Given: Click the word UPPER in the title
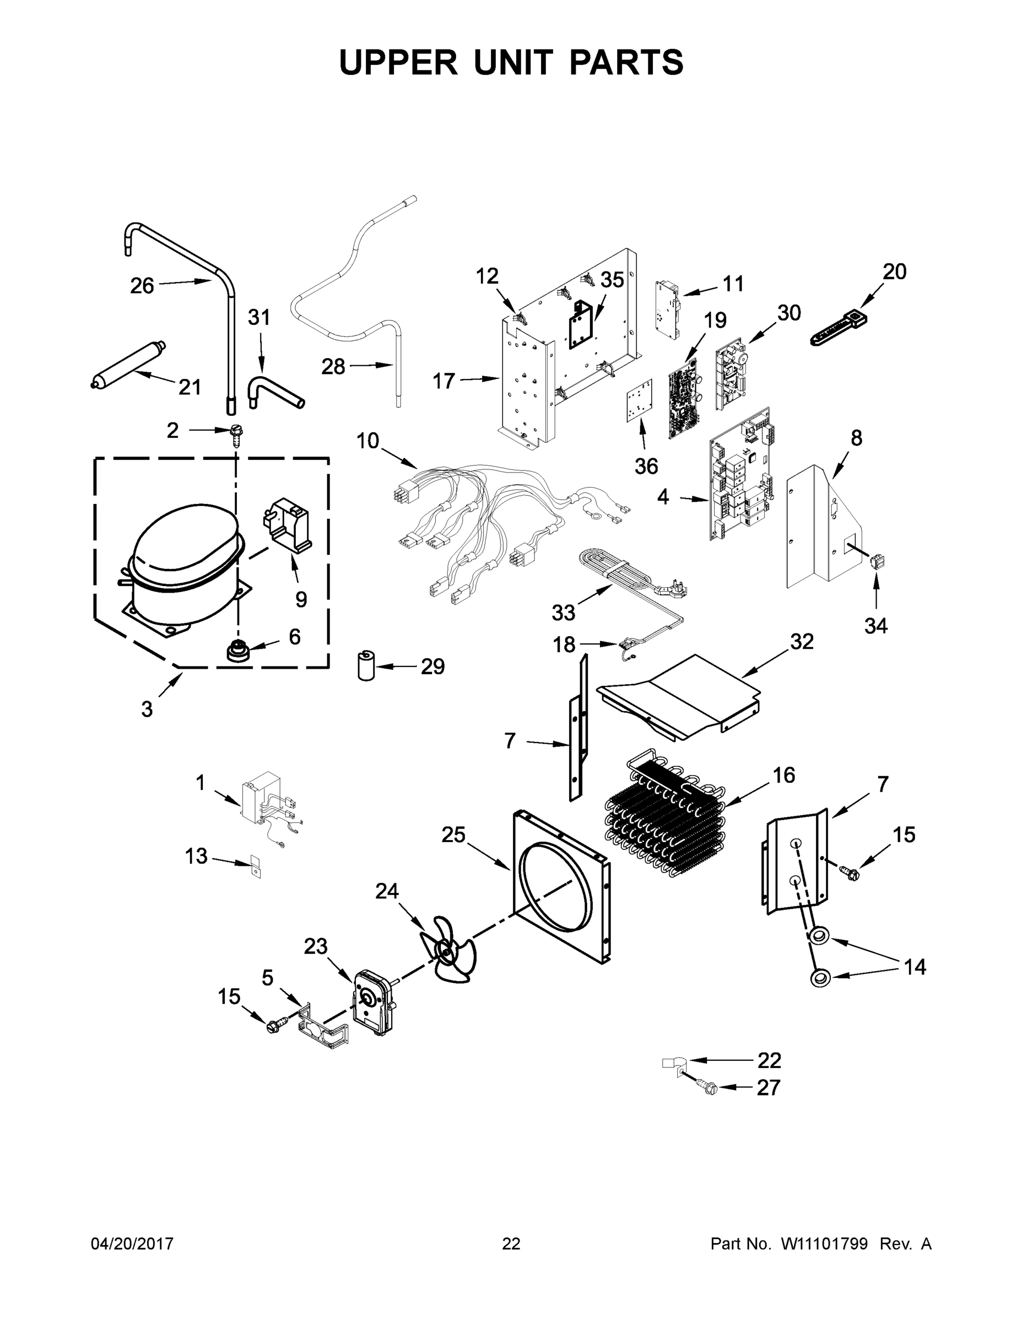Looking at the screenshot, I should click(398, 62).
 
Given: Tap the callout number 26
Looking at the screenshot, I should click(142, 285).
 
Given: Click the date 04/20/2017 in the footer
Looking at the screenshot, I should click(132, 1244).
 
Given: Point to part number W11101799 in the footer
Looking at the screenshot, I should click(824, 1244).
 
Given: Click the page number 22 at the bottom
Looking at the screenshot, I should click(511, 1244).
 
